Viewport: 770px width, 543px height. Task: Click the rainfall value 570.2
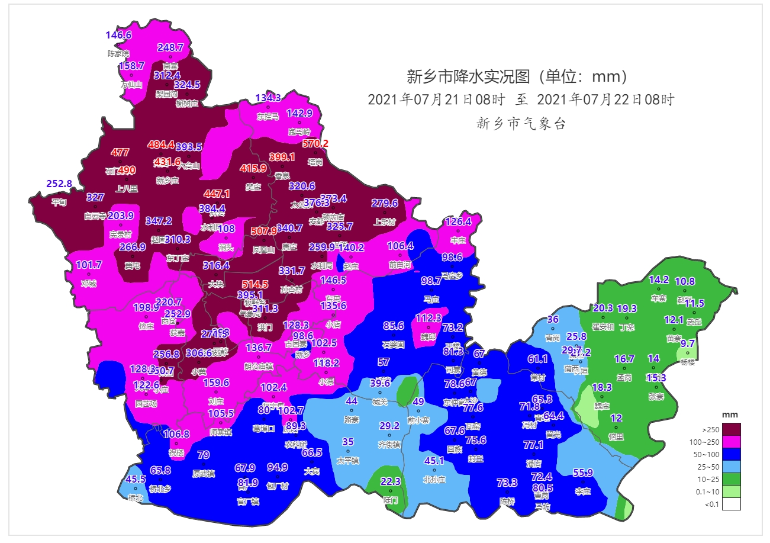point(315,143)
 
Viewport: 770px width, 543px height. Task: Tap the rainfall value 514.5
point(256,284)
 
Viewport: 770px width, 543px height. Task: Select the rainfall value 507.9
point(264,231)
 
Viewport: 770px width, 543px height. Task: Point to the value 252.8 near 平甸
point(59,184)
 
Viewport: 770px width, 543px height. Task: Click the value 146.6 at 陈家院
point(118,35)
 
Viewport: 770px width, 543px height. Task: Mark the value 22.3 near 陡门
point(391,481)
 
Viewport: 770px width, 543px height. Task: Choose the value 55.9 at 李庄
point(583,473)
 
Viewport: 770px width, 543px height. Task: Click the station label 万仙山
point(131,85)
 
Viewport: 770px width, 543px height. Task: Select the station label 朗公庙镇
point(259,366)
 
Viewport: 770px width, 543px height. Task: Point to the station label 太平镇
point(348,460)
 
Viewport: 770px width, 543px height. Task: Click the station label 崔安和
point(603,327)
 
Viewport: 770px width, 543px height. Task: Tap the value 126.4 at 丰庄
point(458,222)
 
